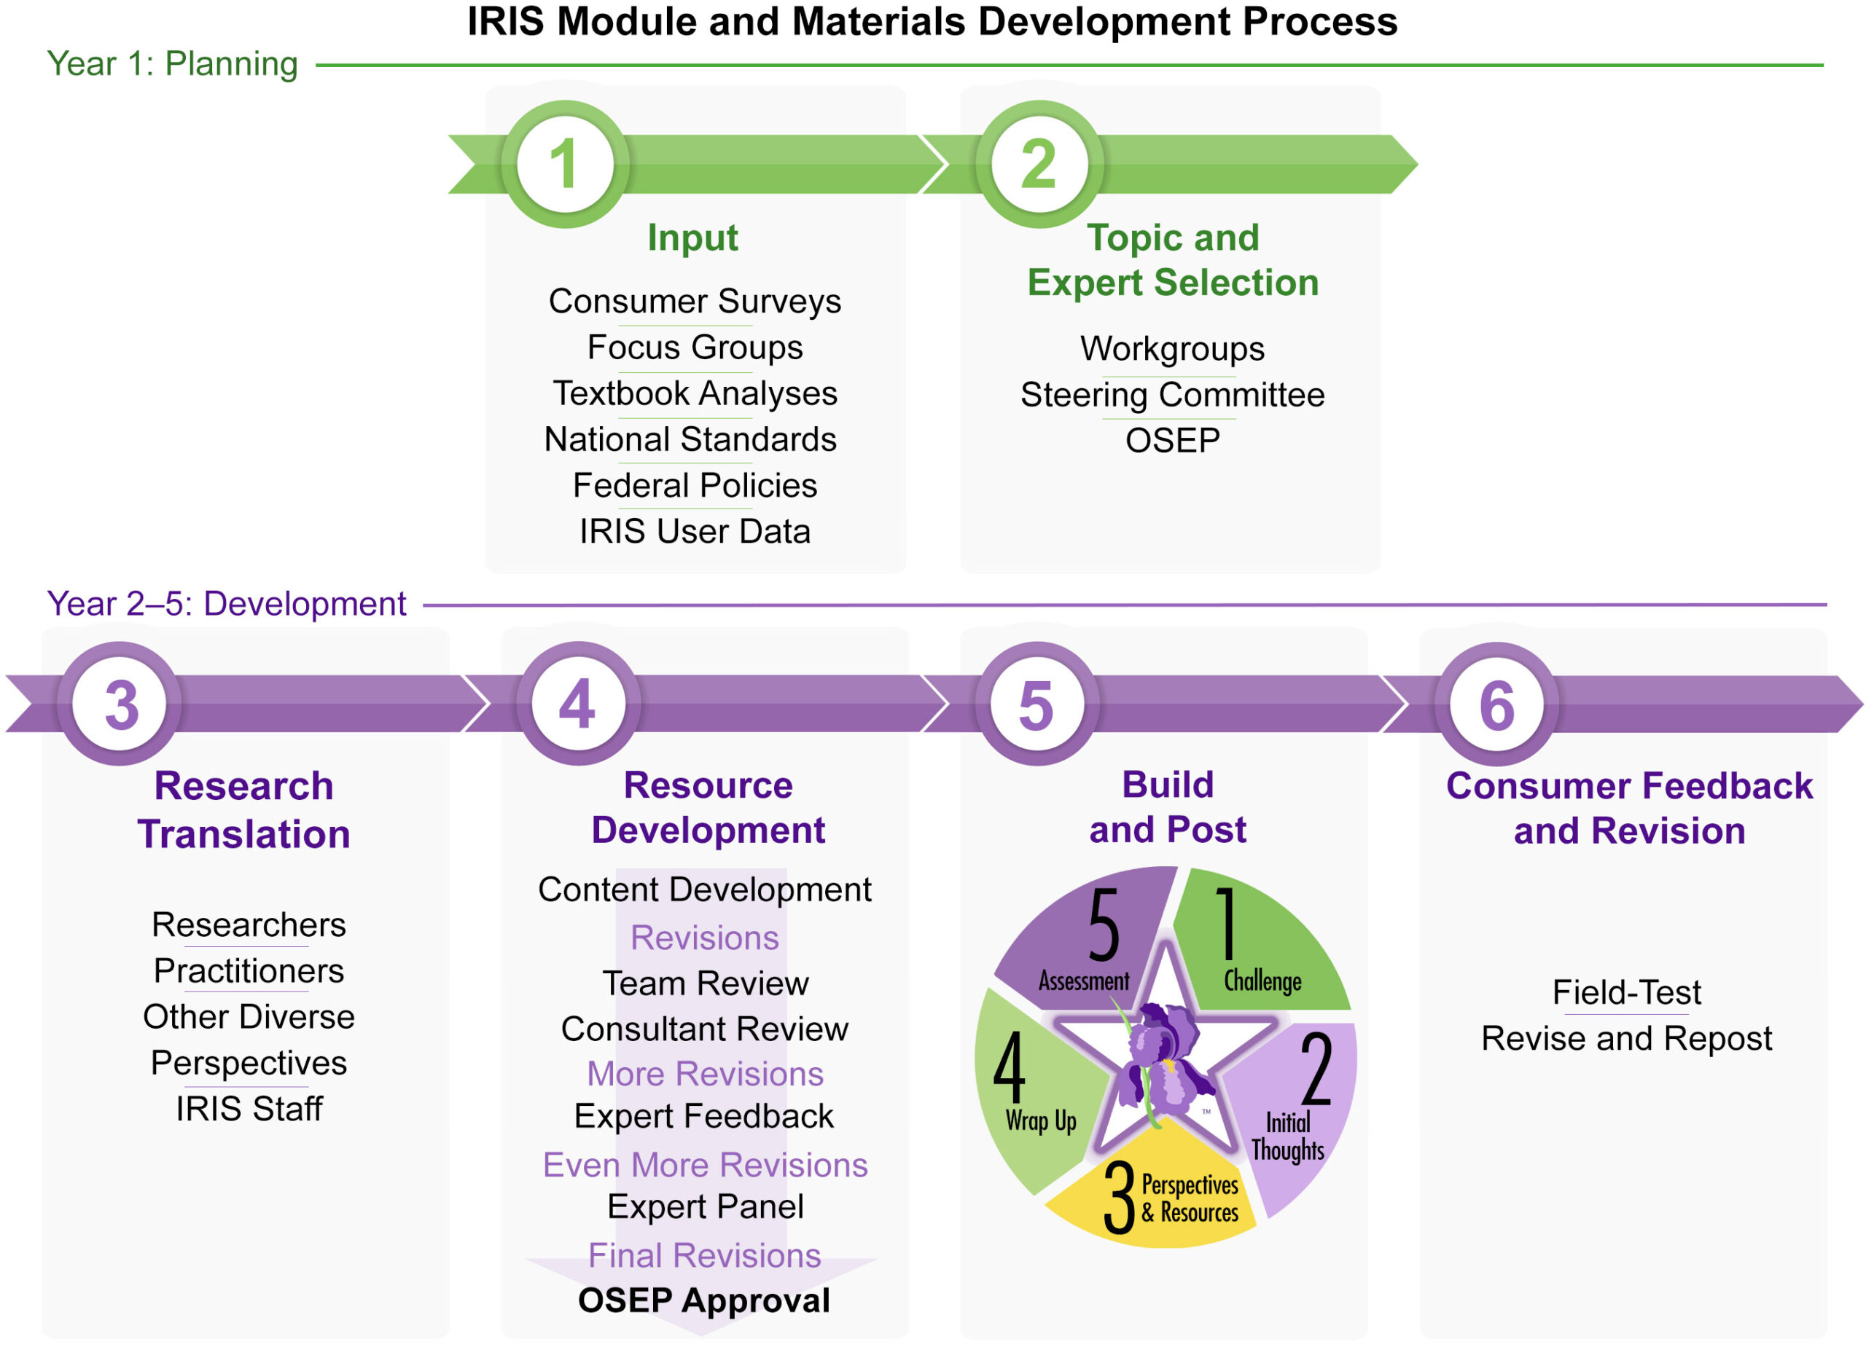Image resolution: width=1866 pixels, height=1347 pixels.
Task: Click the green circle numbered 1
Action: click(x=565, y=164)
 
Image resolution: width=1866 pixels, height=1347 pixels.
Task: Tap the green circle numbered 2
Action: click(x=1039, y=164)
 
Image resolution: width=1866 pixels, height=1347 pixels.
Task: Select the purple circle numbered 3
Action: click(x=121, y=704)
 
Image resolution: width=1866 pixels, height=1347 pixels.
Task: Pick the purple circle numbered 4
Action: click(x=579, y=704)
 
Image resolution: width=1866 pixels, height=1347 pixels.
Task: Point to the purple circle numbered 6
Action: click(x=1496, y=704)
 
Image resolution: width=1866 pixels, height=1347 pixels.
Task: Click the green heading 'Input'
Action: click(x=692, y=237)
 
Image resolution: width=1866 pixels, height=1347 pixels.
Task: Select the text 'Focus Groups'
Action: click(x=695, y=347)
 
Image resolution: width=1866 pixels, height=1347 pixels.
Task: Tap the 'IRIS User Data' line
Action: click(x=695, y=531)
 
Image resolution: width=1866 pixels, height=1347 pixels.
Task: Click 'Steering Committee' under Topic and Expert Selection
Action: click(x=1172, y=395)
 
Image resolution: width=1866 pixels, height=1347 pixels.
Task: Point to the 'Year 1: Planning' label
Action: click(x=172, y=64)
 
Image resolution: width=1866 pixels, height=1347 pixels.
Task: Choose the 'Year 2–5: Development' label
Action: click(x=226, y=604)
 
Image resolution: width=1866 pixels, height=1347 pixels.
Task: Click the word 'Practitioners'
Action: click(x=249, y=970)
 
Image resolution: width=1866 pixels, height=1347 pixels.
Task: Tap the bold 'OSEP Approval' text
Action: click(x=704, y=1300)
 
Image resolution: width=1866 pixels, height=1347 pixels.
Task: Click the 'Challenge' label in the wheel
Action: click(x=1262, y=981)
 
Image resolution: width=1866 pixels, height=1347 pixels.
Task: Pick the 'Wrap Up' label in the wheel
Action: click(x=1041, y=1121)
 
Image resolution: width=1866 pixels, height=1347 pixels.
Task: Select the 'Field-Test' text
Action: click(x=1627, y=991)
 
